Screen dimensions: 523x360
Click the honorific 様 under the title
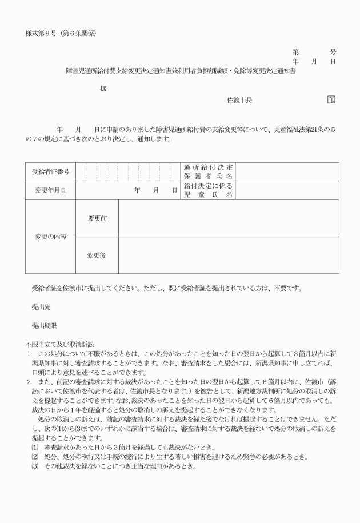click(103, 89)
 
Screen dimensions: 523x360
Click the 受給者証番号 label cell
click(51, 171)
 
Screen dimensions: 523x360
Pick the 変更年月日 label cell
click(51, 190)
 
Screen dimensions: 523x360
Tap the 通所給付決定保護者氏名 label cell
click(208, 171)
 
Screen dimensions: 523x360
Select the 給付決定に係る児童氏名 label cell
click(208, 190)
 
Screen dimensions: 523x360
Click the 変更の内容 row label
click(51, 237)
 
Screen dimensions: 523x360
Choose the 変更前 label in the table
click(97, 218)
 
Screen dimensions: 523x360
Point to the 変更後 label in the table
click(97, 255)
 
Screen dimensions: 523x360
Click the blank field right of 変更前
click(229, 218)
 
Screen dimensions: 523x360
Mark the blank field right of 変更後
click(229, 255)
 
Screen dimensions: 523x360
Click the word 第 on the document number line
click(295, 51)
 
